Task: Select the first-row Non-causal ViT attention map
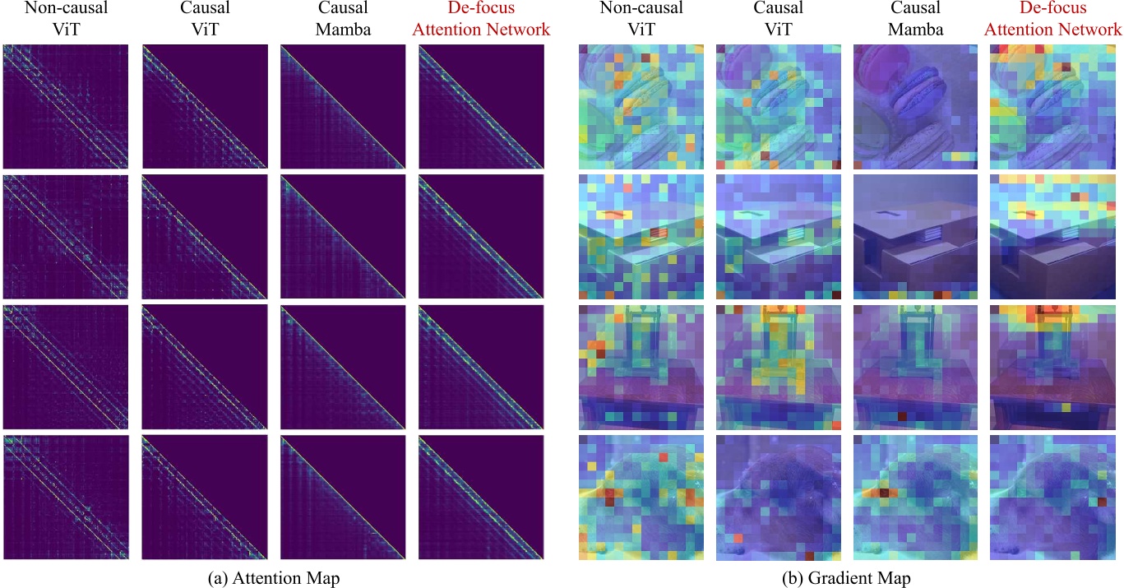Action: click(x=66, y=106)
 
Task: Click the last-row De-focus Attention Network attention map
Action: click(x=481, y=498)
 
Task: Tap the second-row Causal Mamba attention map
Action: click(x=343, y=237)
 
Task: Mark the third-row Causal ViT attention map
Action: click(x=205, y=367)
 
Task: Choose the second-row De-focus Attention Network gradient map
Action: click(x=1056, y=237)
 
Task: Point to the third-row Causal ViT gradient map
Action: click(x=779, y=367)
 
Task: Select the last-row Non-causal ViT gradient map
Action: click(x=641, y=498)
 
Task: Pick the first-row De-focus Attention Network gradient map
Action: click(x=1056, y=106)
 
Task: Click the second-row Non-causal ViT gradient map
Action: click(x=641, y=237)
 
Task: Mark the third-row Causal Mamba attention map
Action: click(x=343, y=367)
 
